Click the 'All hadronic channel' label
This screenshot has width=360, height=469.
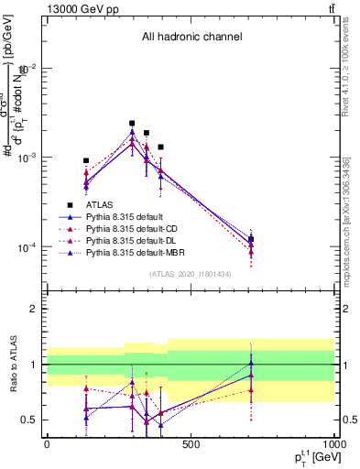point(191,38)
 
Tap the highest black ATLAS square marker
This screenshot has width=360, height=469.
point(132,123)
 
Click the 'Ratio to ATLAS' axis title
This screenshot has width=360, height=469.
point(12,364)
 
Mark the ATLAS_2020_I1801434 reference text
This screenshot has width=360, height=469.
point(191,275)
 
